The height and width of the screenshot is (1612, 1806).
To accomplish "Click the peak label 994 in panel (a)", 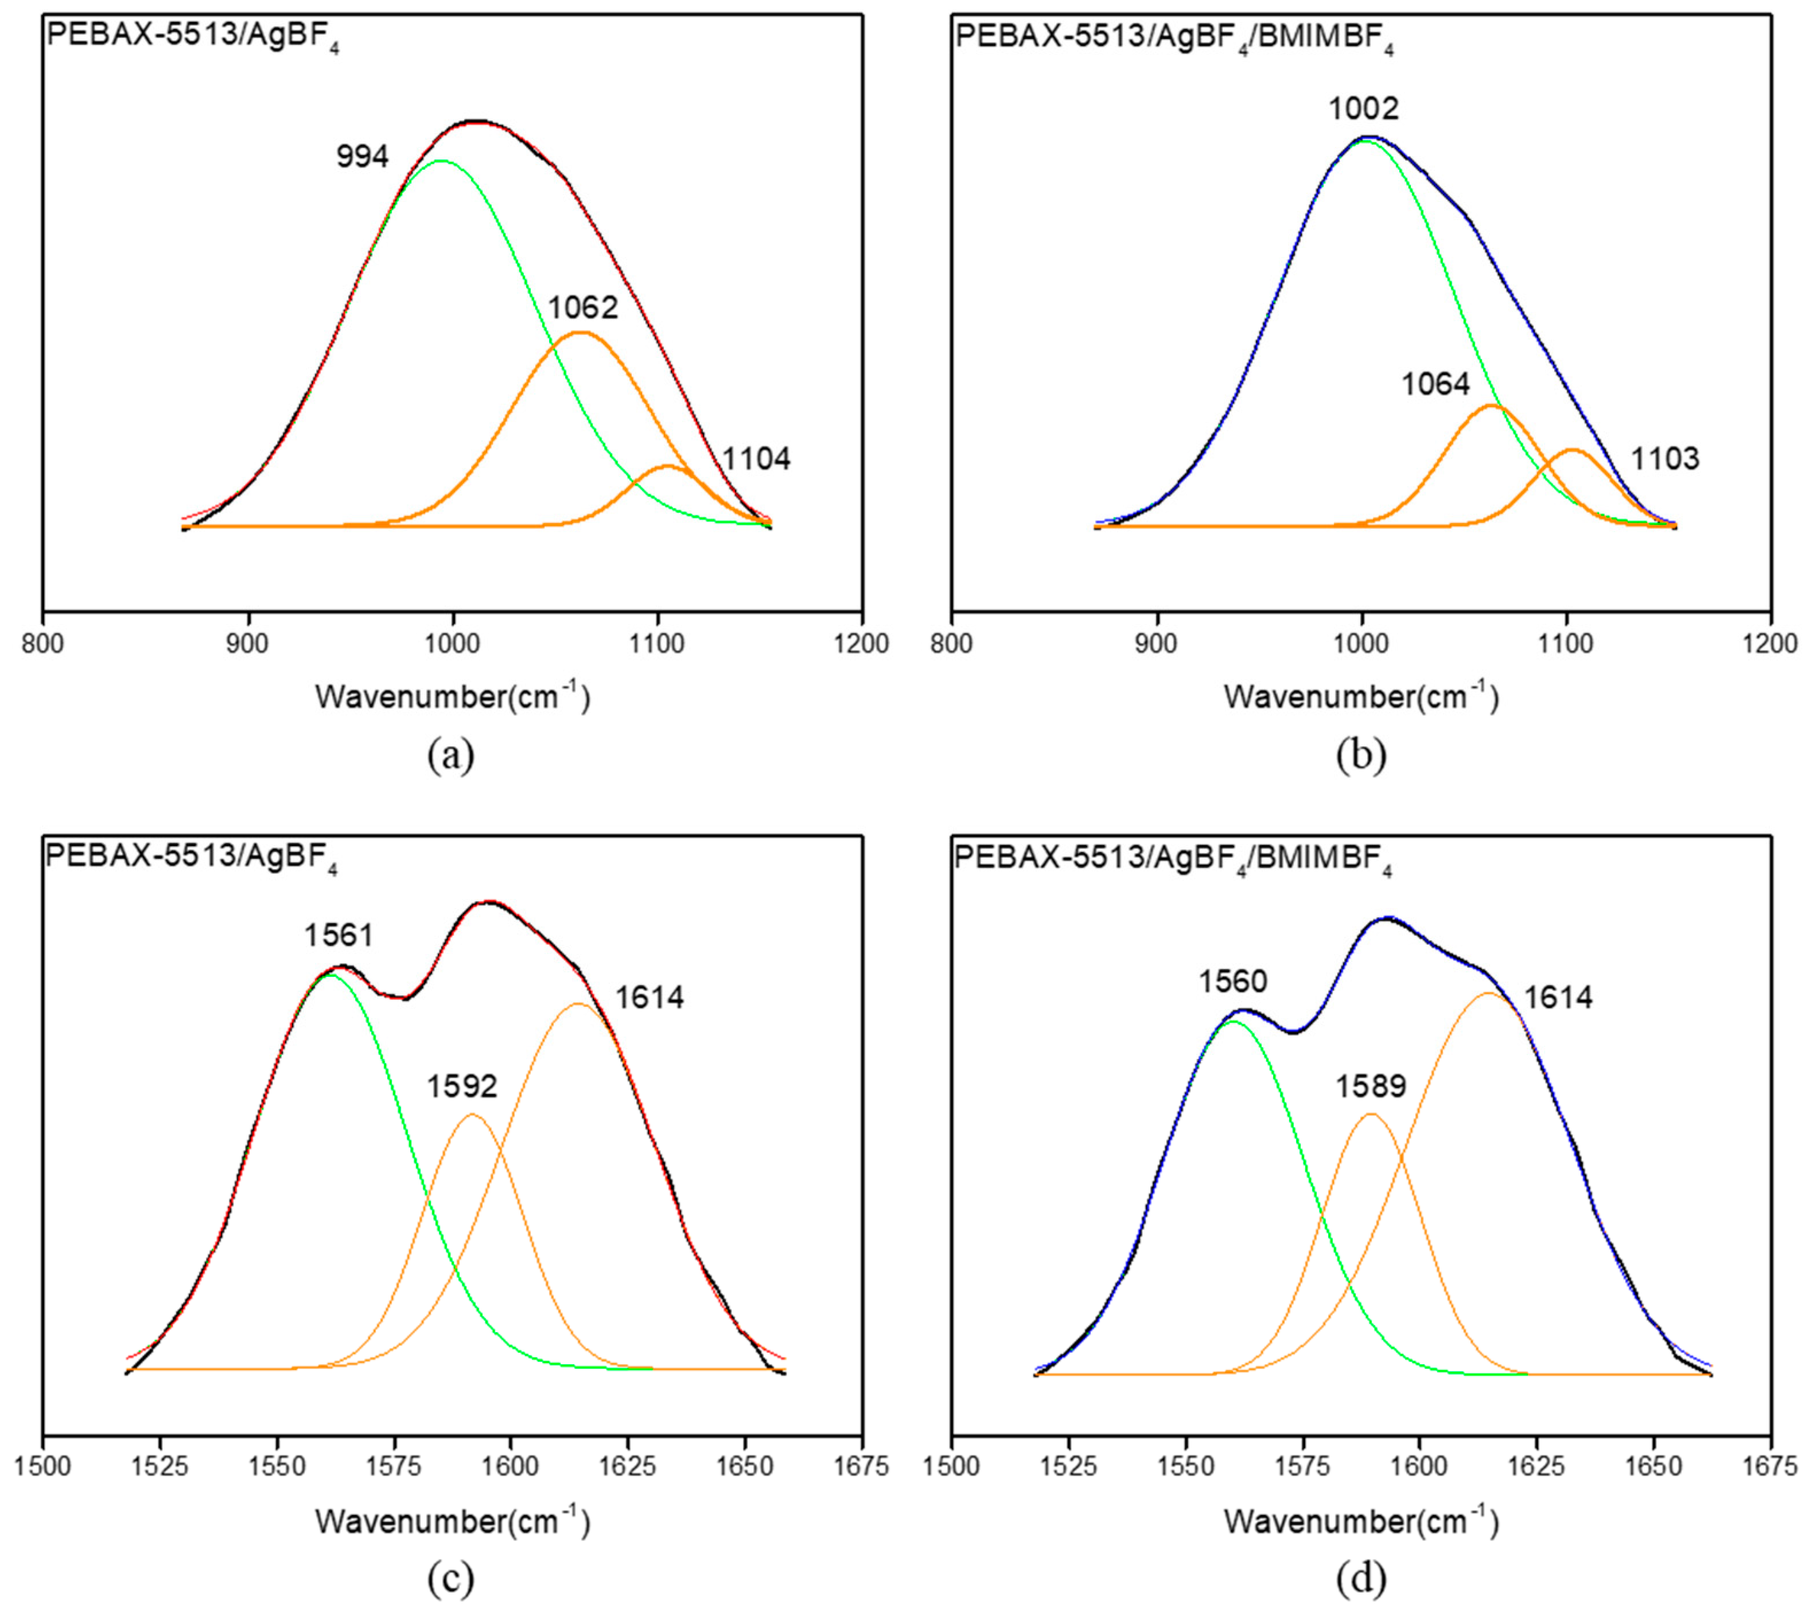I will tap(362, 157).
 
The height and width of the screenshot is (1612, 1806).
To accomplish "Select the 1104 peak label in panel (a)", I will tap(756, 459).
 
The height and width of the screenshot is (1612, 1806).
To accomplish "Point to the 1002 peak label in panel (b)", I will tap(1363, 109).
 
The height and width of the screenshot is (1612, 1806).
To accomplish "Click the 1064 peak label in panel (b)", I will tap(1435, 384).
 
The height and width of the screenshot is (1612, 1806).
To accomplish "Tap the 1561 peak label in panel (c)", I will tap(338, 935).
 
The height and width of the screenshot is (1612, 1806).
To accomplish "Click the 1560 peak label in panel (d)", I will tap(1233, 982).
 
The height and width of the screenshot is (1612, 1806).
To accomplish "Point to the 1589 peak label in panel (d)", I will tap(1371, 1086).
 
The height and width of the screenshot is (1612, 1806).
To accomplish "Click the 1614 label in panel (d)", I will tap(1558, 998).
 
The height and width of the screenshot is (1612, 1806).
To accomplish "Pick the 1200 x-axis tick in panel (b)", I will tap(1770, 643).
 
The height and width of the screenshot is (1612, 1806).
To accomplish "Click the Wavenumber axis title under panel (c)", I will tap(451, 1521).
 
